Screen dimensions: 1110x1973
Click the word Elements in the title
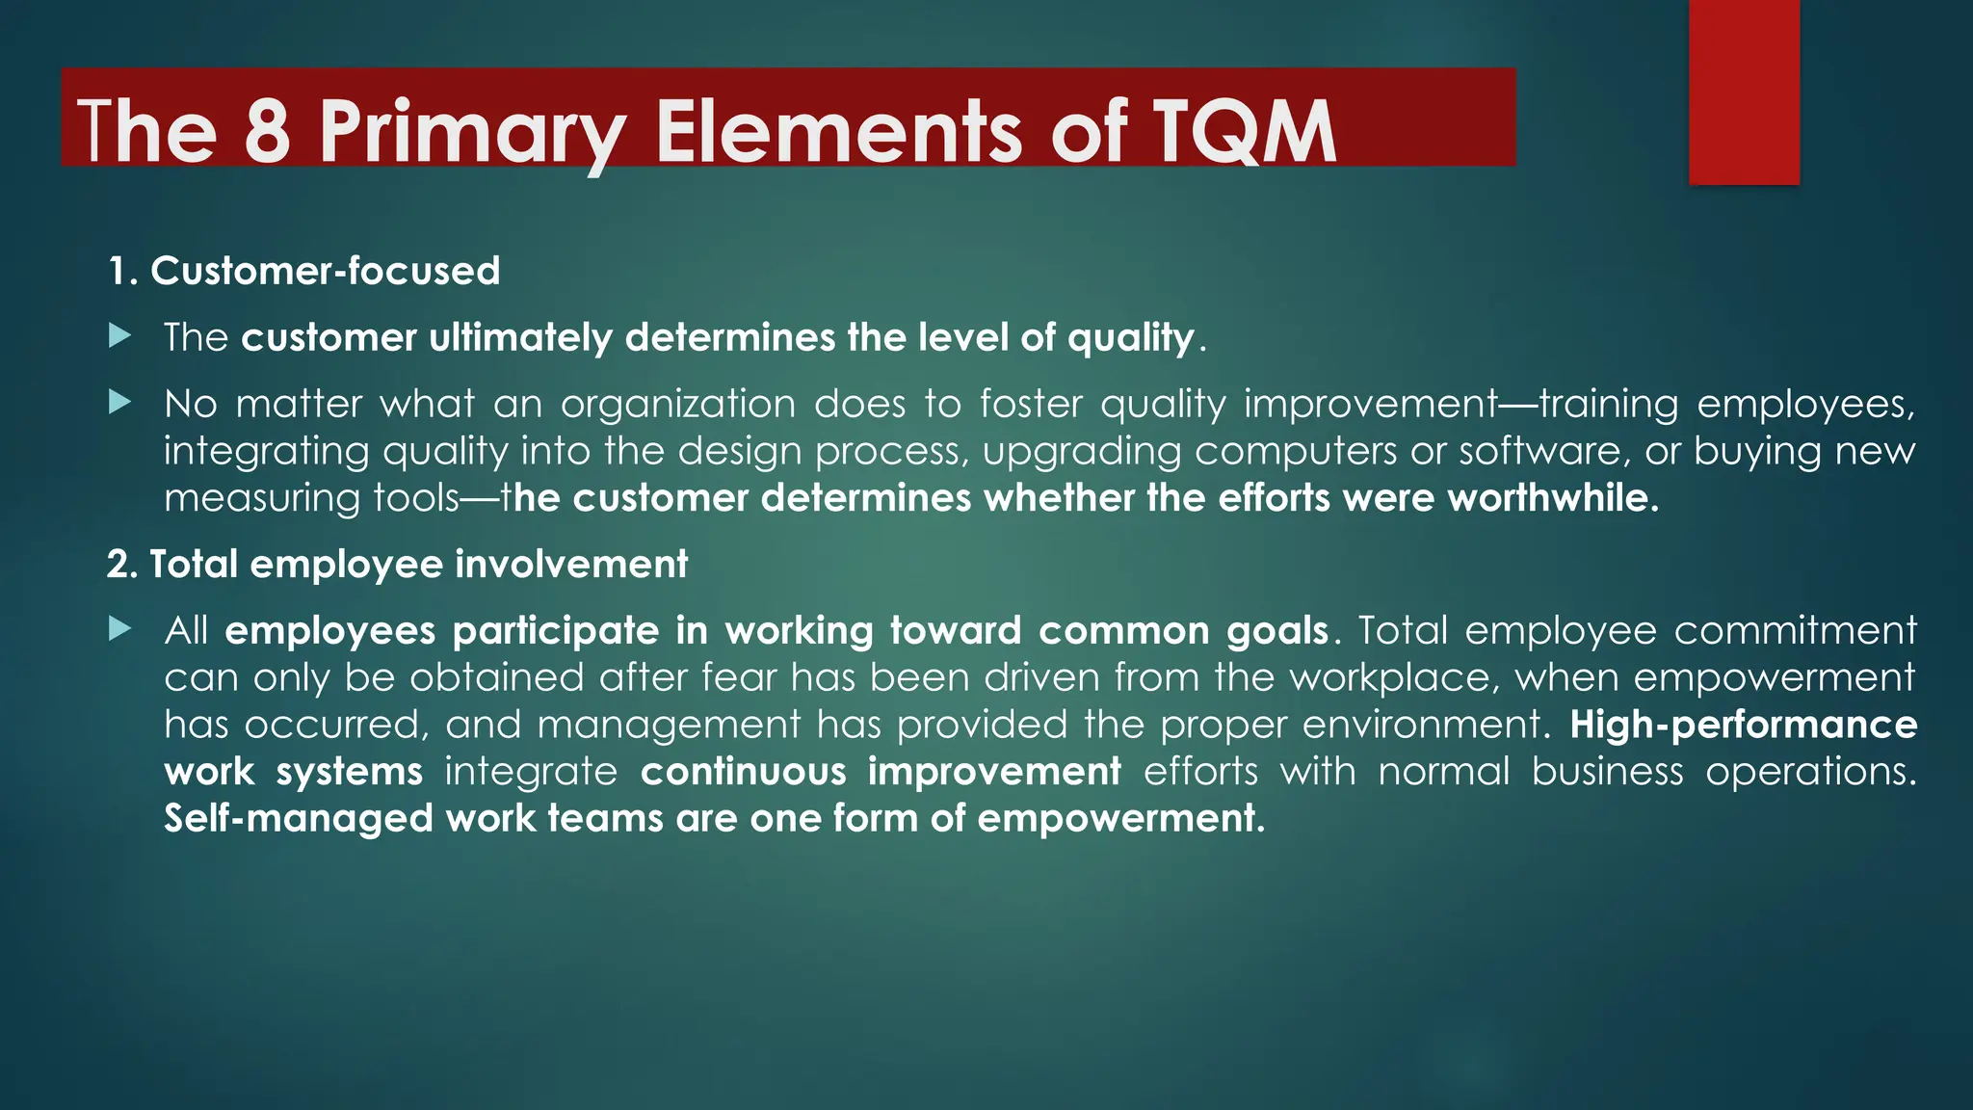tap(838, 132)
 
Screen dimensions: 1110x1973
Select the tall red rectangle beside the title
tap(1744, 92)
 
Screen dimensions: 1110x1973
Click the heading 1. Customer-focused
tap(304, 271)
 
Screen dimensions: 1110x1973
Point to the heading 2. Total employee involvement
tap(397, 564)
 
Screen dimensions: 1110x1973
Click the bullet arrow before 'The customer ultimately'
tap(120, 336)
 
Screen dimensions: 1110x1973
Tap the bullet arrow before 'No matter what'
tap(120, 402)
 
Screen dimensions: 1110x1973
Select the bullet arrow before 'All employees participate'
tap(120, 629)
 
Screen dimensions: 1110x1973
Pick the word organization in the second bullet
tap(678, 404)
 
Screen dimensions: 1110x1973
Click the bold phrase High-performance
tap(1743, 725)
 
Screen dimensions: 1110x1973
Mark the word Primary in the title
tap(472, 132)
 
